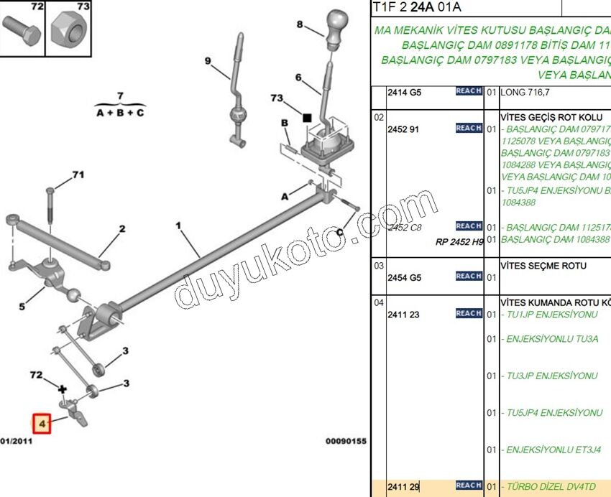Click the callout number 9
208,61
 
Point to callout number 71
78,175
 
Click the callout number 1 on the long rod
178,226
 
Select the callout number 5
22,307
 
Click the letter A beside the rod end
284,196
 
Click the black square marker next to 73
307,116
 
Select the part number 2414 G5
404,93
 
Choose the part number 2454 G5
404,278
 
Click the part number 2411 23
403,315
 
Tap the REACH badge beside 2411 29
469,486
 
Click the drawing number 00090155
346,441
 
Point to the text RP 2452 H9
459,242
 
